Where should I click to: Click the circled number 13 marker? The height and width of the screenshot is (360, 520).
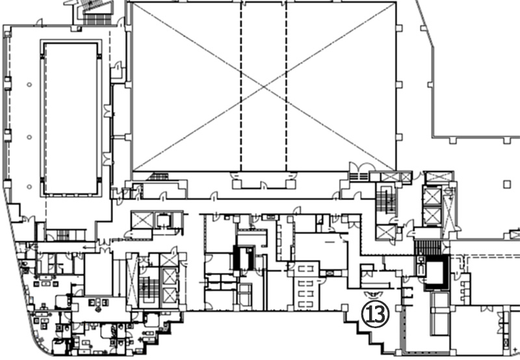tap(375, 315)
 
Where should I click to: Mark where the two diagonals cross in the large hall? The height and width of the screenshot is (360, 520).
tap(264, 86)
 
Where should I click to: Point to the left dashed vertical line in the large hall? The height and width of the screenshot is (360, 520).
tap(241, 86)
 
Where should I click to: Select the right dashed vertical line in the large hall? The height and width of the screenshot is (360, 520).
tap(286, 86)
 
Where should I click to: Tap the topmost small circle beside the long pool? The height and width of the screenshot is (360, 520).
tap(29, 84)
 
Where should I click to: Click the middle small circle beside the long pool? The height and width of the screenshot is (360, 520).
tap(29, 137)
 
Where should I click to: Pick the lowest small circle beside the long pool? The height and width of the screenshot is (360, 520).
tap(29, 186)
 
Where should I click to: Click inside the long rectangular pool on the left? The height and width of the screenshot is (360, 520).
tap(71, 118)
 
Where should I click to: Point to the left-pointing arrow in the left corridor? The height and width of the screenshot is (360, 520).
tap(88, 247)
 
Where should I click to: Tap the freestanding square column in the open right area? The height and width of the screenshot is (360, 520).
tap(507, 185)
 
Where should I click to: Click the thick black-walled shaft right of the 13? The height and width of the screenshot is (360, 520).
tap(437, 272)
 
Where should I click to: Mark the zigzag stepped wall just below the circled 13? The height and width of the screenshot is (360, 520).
tap(364, 333)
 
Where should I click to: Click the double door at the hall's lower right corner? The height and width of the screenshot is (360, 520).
tap(362, 167)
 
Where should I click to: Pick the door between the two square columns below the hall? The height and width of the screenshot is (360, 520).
tap(264, 186)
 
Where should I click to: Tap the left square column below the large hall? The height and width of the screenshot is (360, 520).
tap(237, 184)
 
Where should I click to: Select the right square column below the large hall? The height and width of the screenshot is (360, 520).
tap(291, 184)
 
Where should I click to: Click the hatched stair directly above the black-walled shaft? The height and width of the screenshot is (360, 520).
tap(428, 248)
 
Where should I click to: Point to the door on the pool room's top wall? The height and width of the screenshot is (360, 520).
tap(39, 23)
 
